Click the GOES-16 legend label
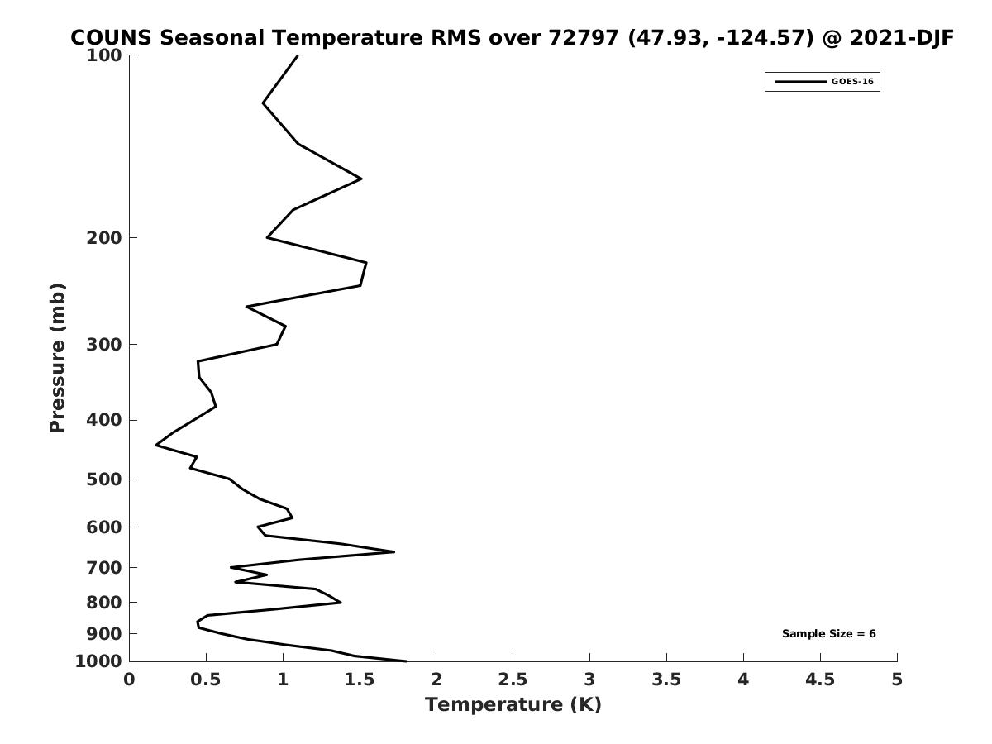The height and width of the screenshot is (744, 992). (x=852, y=82)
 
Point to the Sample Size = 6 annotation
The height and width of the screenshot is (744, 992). (x=828, y=634)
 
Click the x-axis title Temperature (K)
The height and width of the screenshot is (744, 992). (x=513, y=704)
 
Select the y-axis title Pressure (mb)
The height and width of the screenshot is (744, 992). (x=57, y=358)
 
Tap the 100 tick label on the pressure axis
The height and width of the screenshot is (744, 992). (x=104, y=55)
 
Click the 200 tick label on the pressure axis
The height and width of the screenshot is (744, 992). (x=104, y=238)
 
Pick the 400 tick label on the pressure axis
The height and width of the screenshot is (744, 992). (x=104, y=421)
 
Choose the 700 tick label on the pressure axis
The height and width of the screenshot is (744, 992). (x=104, y=568)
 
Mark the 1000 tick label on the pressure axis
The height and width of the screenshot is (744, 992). (x=99, y=661)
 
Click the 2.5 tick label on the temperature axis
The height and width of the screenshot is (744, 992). (x=513, y=680)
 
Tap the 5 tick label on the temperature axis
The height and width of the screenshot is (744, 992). (x=897, y=680)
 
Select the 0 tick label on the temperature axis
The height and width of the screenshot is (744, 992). (x=130, y=680)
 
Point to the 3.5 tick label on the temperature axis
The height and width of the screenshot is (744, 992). (x=666, y=680)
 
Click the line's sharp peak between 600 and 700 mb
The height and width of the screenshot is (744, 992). (x=393, y=551)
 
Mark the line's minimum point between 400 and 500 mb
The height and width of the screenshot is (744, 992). (x=156, y=445)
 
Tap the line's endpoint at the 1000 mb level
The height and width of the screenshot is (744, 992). (x=405, y=661)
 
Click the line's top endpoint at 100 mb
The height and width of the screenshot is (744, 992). (x=297, y=55)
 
